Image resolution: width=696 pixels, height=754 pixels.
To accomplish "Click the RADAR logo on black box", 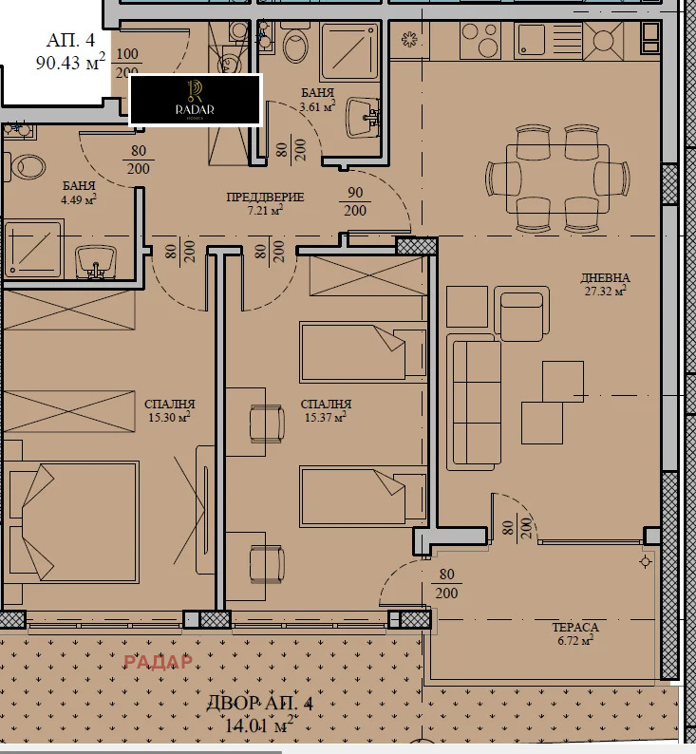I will [195, 100].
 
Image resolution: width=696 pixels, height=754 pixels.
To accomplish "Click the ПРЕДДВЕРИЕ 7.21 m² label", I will [265, 203].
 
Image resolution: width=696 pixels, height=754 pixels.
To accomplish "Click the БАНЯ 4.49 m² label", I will [79, 193].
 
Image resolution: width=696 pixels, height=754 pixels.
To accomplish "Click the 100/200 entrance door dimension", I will [126, 64].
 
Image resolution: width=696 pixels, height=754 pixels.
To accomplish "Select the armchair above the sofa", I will [521, 316].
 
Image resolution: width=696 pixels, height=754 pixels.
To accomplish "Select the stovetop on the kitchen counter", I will [604, 40].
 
